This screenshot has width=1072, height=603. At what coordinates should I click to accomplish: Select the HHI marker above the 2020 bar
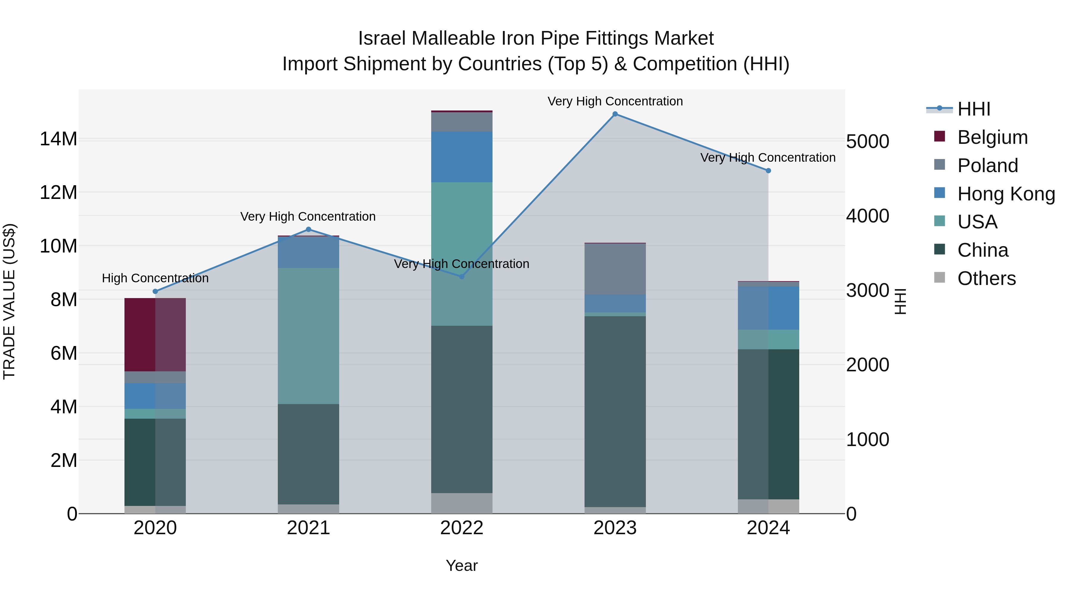coord(155,291)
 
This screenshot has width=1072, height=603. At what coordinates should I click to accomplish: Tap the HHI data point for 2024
coord(768,171)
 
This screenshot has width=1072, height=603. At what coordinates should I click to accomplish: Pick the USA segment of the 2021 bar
coord(308,336)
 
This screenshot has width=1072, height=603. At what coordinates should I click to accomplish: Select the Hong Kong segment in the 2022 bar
coord(462,157)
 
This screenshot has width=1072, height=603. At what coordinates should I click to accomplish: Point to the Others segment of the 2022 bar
coord(462,503)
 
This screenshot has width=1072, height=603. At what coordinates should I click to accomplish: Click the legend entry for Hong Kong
coord(1006,194)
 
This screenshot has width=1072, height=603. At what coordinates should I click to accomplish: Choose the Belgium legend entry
coord(992,137)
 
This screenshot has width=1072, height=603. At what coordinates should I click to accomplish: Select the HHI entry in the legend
coord(974,109)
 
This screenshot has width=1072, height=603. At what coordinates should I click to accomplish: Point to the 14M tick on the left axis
coord(58,139)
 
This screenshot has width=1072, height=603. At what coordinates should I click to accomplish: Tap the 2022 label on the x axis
coord(462,528)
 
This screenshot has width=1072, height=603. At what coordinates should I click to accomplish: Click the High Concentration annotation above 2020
coord(155,278)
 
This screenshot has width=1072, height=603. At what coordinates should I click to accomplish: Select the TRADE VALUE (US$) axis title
coord(9,301)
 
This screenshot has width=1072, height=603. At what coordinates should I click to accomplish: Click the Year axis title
coord(462,565)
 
